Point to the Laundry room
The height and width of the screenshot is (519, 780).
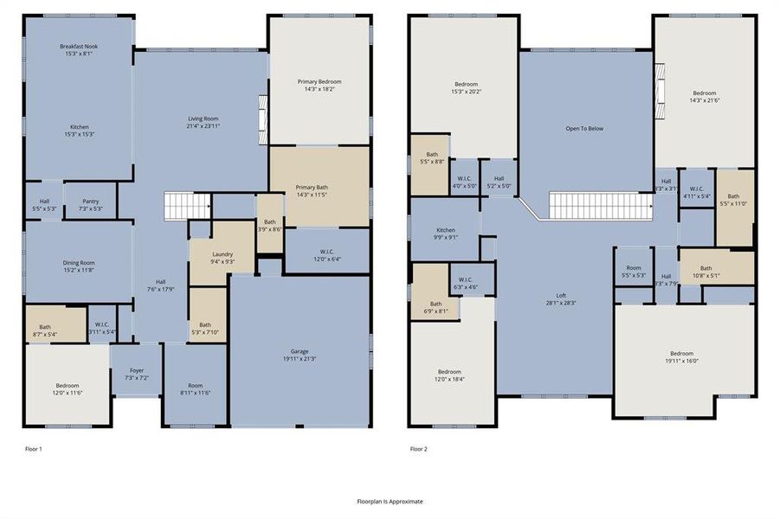point(222,256)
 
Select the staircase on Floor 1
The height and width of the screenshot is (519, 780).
point(188,207)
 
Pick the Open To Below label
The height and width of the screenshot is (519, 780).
point(584,129)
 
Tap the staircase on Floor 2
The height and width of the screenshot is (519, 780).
point(599,206)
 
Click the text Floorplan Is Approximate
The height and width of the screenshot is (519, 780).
point(390,501)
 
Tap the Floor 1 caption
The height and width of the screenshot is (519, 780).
point(34,449)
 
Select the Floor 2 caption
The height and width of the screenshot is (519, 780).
point(418,449)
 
